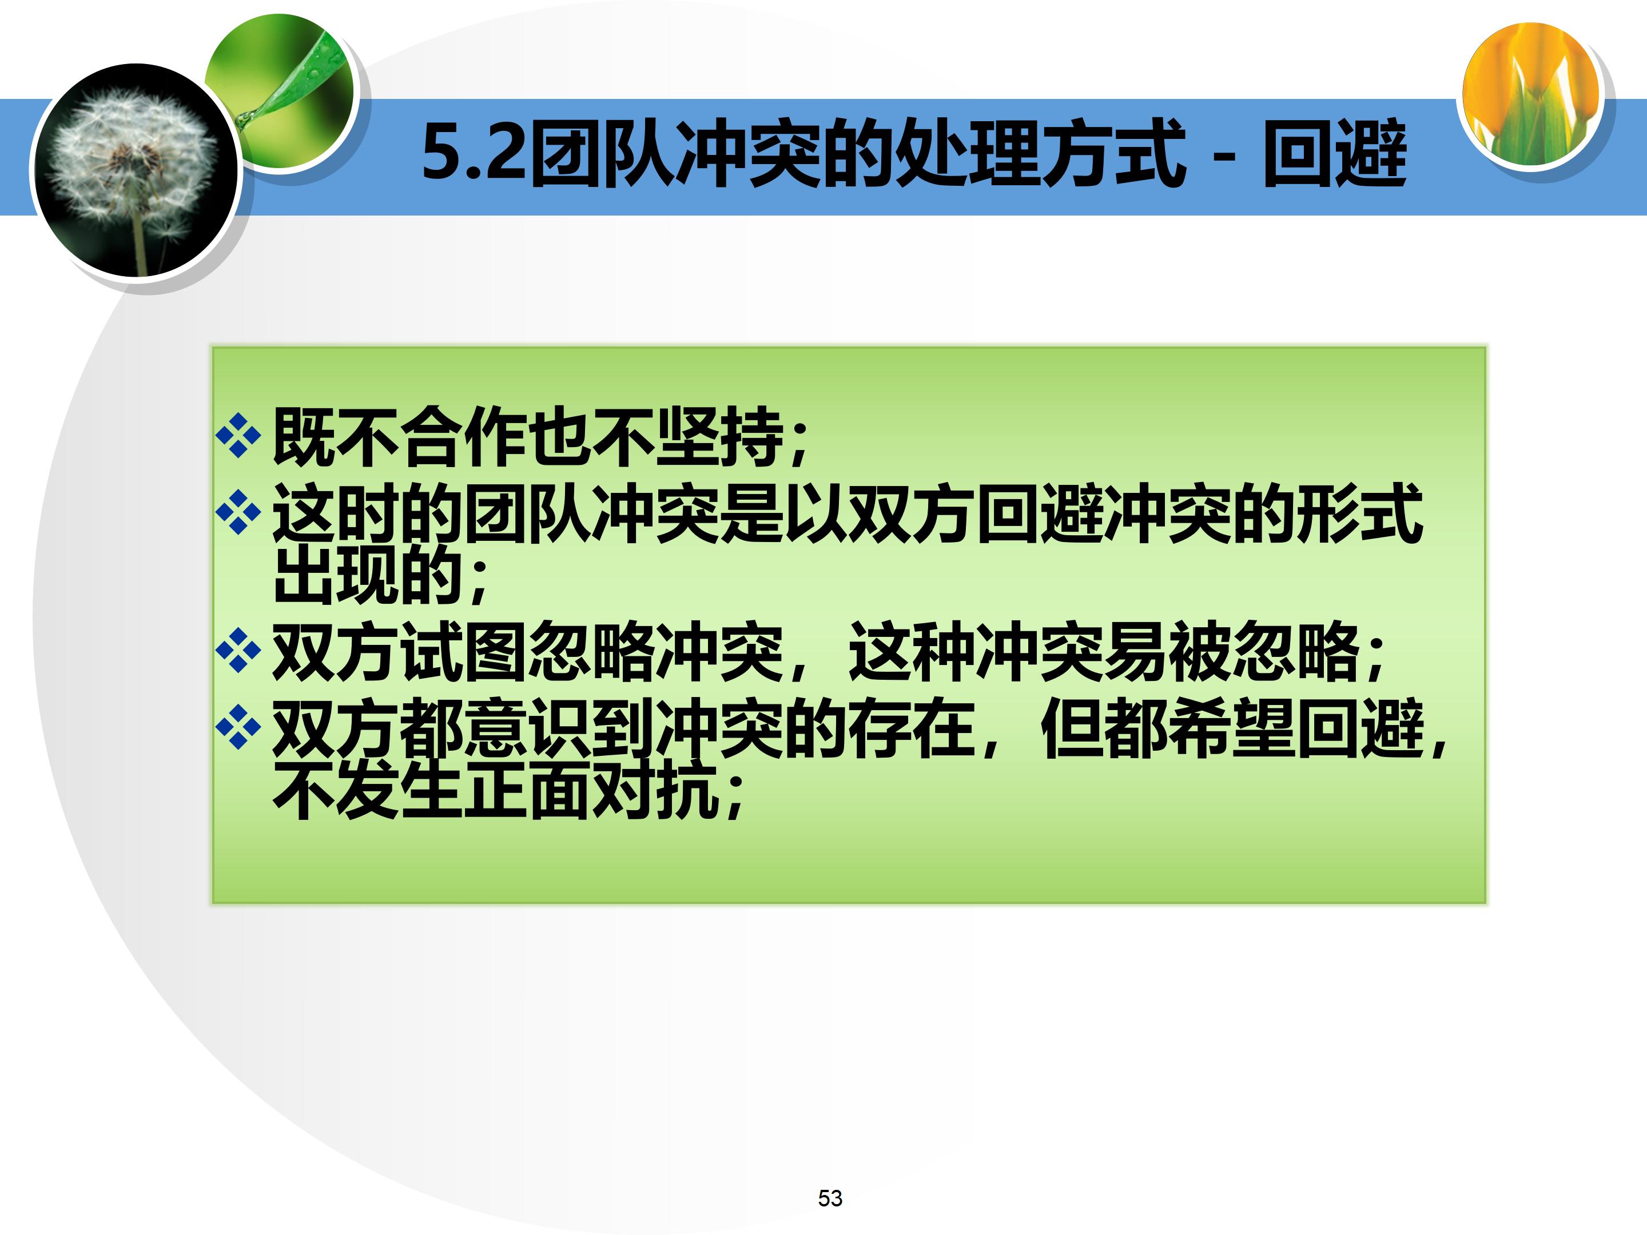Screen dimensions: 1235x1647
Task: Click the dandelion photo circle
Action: coord(136,171)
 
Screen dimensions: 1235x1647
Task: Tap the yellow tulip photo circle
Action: coord(1531,93)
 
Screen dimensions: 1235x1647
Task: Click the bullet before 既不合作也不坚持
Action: coord(238,436)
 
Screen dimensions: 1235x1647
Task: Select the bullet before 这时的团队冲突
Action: coord(238,512)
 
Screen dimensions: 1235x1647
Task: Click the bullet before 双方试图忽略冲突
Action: coord(238,650)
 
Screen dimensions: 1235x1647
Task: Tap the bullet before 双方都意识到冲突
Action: coord(238,727)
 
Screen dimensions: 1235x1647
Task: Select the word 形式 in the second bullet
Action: coord(1359,513)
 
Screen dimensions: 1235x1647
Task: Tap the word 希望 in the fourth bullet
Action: coord(1232,728)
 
